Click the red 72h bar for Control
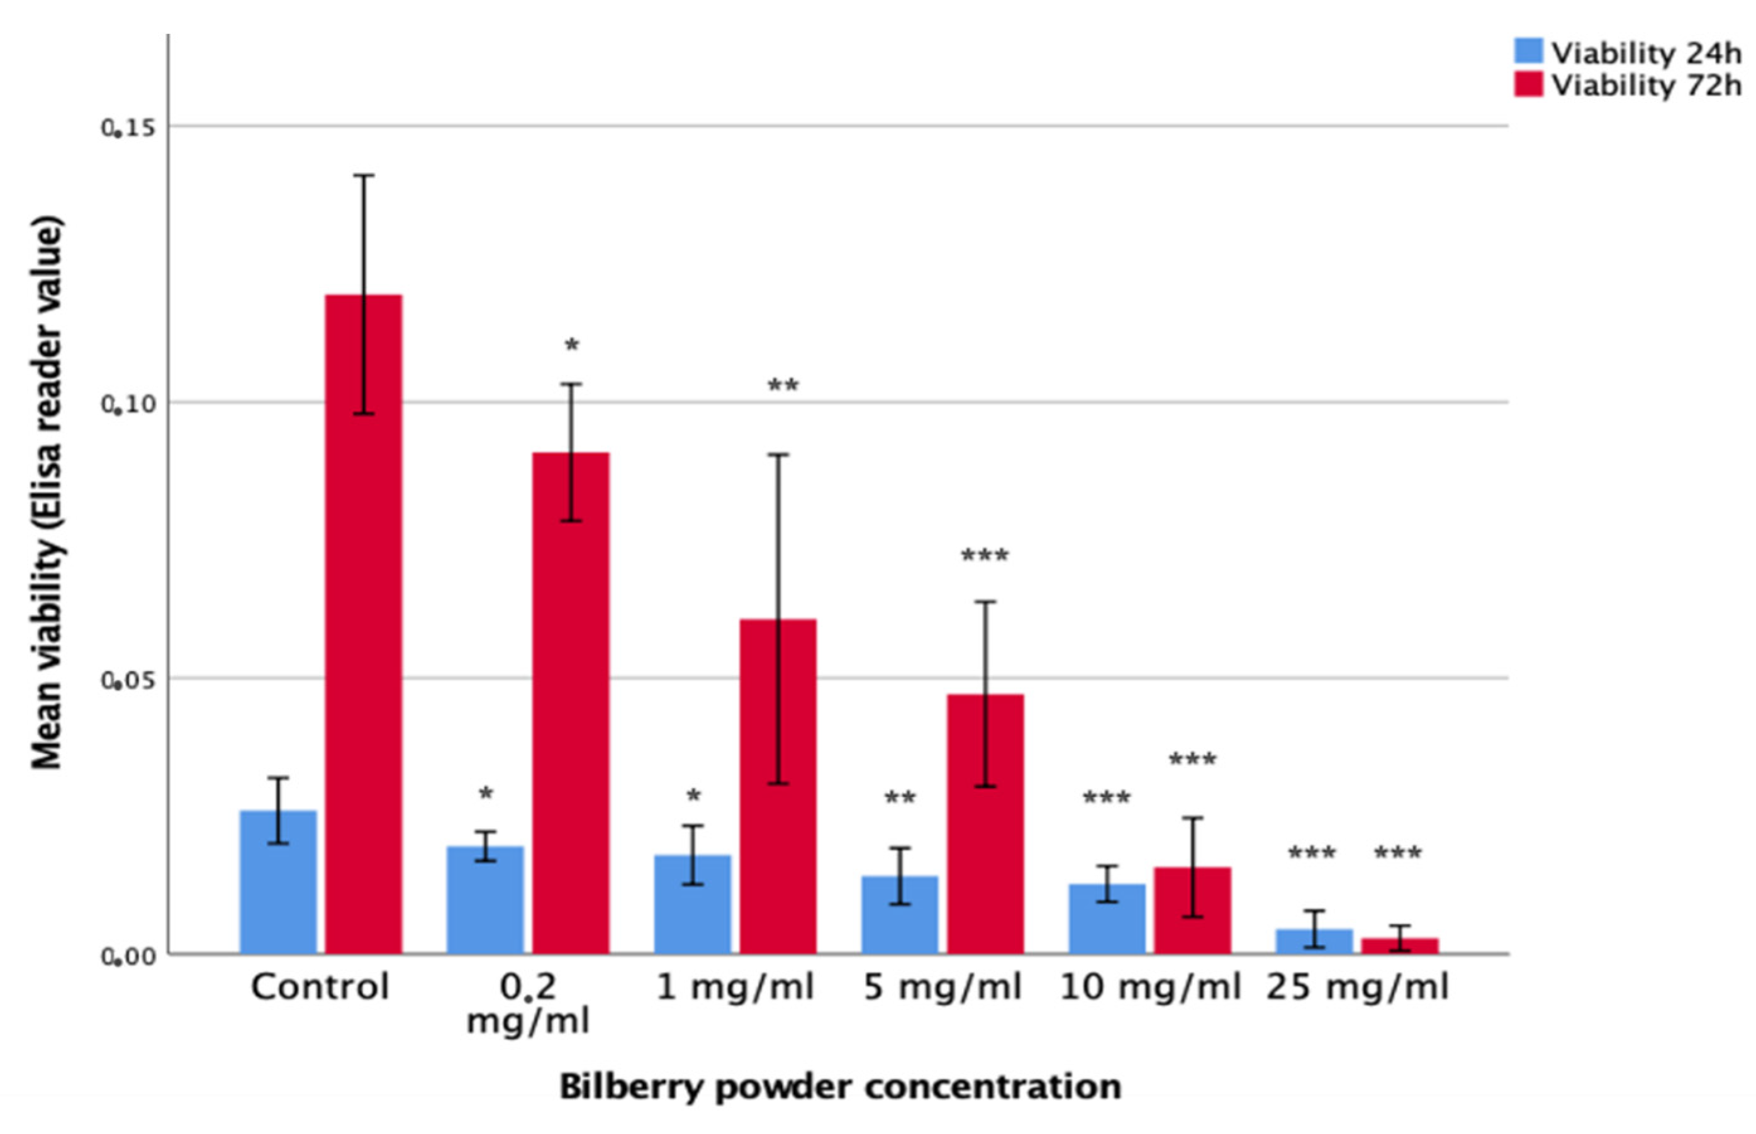(x=364, y=626)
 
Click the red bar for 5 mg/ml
(x=985, y=825)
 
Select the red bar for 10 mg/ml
(x=1192, y=911)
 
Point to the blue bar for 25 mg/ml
(x=1314, y=942)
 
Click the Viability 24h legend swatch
(x=1528, y=52)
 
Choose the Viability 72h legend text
(x=1647, y=86)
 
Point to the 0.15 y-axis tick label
(x=129, y=128)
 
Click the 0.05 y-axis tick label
(x=129, y=680)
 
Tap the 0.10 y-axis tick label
(x=129, y=404)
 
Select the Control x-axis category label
(x=320, y=987)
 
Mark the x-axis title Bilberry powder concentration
(x=840, y=1087)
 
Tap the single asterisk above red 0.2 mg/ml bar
(x=571, y=345)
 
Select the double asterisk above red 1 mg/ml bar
(x=783, y=386)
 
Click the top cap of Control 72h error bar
(x=364, y=175)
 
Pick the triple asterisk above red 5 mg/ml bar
(x=985, y=555)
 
